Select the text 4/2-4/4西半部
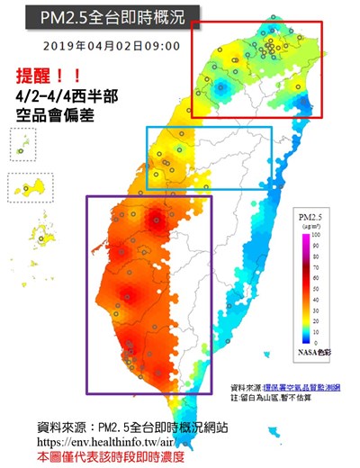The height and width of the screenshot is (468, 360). (x=67, y=95)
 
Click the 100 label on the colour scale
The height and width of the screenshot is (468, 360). (x=317, y=236)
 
